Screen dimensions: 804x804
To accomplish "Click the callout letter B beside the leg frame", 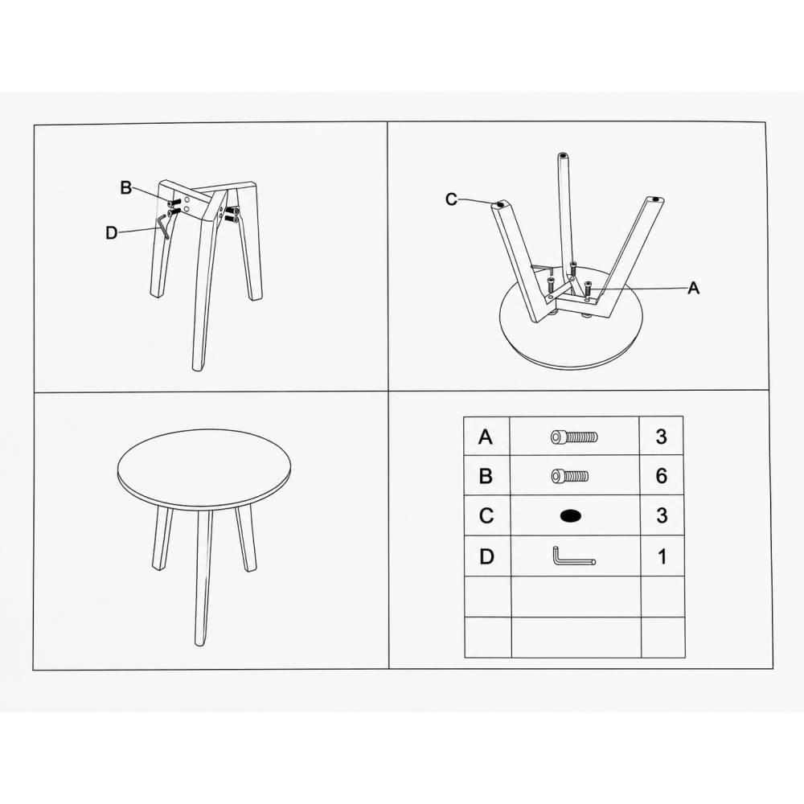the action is pyautogui.click(x=126, y=187).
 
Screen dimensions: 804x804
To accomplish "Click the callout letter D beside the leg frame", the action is pyautogui.click(x=111, y=233).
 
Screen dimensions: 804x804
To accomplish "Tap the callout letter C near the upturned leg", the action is pyautogui.click(x=451, y=199).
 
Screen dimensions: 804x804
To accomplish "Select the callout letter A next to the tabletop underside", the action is pyautogui.click(x=693, y=288).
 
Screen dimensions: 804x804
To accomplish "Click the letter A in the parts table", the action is pyautogui.click(x=486, y=437).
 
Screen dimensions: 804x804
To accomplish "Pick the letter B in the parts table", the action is pyautogui.click(x=486, y=476).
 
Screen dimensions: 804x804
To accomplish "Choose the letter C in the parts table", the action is pyautogui.click(x=486, y=515).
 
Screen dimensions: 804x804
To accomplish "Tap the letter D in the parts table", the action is pyautogui.click(x=486, y=556).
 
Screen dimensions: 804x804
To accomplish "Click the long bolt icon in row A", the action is pyautogui.click(x=574, y=437).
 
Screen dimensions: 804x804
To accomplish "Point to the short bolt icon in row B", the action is pyautogui.click(x=570, y=476).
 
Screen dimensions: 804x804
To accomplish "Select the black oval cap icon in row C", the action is pyautogui.click(x=571, y=516).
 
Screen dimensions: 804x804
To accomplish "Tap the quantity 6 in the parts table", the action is pyautogui.click(x=662, y=476).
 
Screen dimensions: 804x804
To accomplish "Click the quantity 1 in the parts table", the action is pyautogui.click(x=662, y=556).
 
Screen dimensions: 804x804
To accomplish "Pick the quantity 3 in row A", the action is pyautogui.click(x=662, y=437).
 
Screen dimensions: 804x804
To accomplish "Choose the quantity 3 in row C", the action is pyautogui.click(x=662, y=515).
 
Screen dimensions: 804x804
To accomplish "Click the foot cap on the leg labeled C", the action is pyautogui.click(x=501, y=204).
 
